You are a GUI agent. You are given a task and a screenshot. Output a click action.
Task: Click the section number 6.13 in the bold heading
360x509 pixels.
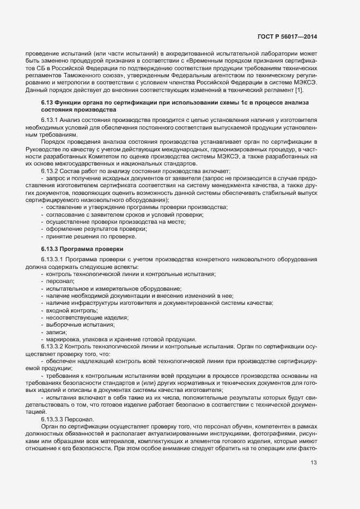click(47, 102)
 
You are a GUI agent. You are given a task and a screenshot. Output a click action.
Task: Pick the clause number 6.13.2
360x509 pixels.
click(50, 171)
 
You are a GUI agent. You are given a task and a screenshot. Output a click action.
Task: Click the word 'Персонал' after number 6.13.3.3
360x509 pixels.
click(80, 403)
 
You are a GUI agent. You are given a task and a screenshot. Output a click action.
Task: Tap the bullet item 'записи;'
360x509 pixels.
click(57, 332)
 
